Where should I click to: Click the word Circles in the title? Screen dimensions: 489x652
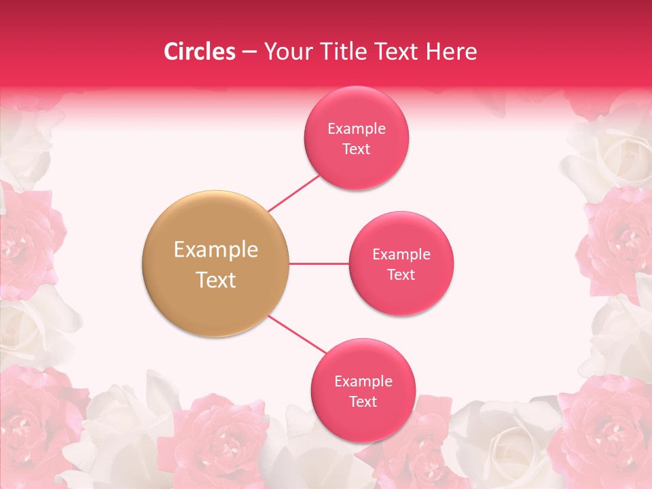coord(199,51)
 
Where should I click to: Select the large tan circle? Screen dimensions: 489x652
coord(215,264)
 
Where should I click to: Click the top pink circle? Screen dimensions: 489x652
coord(357,138)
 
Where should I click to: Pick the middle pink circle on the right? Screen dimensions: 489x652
coord(401,264)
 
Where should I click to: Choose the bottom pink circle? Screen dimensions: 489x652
coord(363,391)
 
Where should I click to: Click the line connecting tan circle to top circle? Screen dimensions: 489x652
coord(293,192)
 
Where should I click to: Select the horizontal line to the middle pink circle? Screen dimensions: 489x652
coord(319,264)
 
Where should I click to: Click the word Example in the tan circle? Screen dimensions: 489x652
coord(215,249)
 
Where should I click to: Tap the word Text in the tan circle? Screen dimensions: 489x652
coord(215,279)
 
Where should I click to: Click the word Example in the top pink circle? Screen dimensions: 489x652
coord(357,128)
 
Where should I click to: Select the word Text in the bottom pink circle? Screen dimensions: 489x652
coord(363,401)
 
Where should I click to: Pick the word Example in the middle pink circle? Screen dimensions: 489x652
coord(401,254)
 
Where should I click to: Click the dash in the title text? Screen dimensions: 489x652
coord(249,52)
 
